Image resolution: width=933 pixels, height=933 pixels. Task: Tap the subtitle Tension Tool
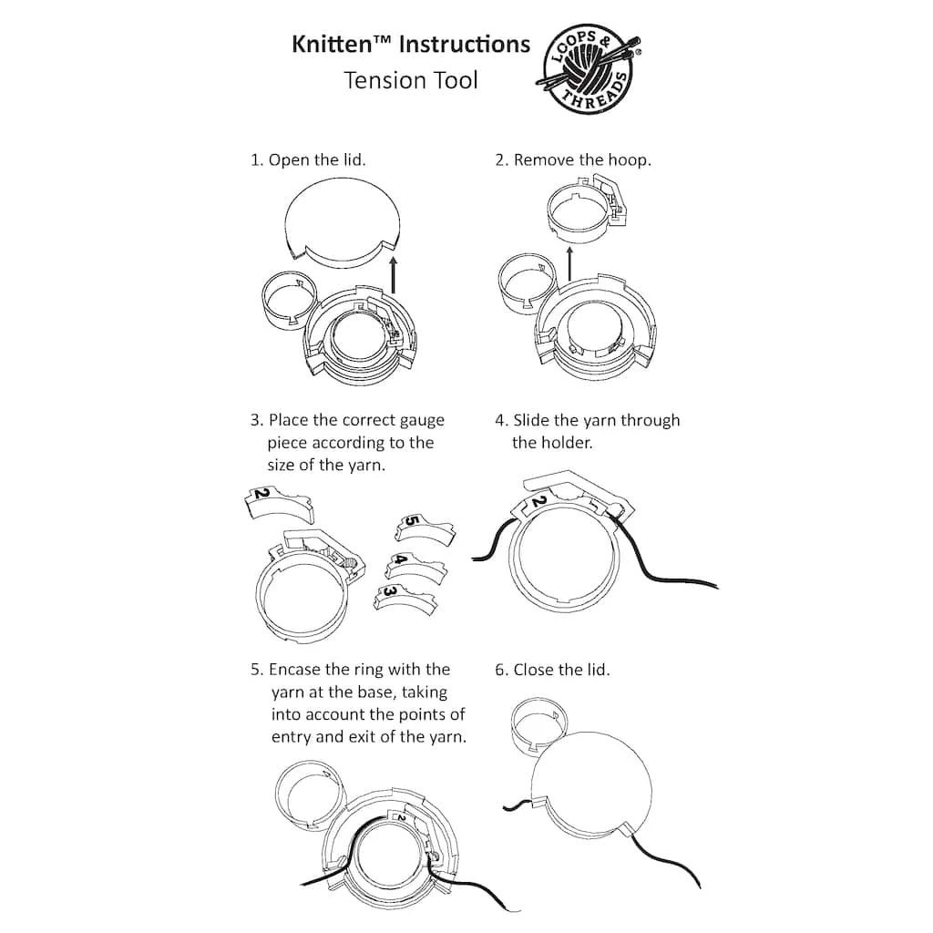click(x=410, y=80)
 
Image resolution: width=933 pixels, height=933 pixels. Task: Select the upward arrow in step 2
click(x=569, y=264)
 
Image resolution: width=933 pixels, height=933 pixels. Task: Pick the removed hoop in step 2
click(x=587, y=210)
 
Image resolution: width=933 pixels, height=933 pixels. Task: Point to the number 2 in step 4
click(x=538, y=503)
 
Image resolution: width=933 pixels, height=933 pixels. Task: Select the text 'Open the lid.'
click(x=317, y=160)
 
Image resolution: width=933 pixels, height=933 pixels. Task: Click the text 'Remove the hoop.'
click(x=582, y=160)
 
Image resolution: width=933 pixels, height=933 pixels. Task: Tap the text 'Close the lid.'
click(x=561, y=670)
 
